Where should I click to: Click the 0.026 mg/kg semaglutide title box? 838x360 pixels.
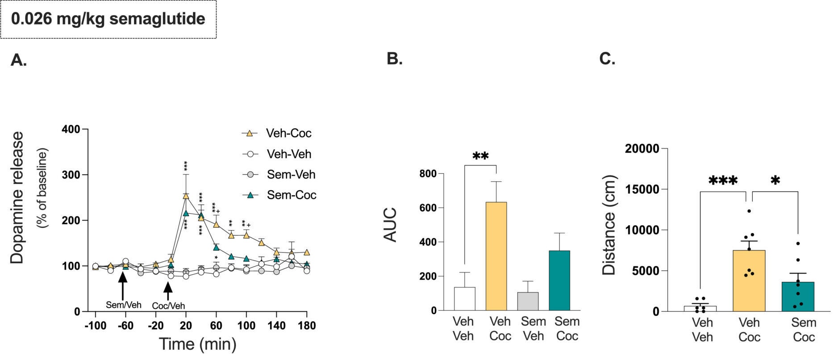[108, 19]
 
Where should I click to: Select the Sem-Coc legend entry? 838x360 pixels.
[279, 195]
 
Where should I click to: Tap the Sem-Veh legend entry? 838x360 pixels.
[279, 175]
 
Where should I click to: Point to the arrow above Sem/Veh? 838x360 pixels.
[123, 285]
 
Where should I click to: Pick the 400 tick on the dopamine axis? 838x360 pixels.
[71, 130]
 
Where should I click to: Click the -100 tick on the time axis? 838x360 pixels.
[95, 326]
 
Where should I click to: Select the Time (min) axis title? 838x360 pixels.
[197, 344]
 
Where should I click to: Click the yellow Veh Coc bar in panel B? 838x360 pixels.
[496, 256]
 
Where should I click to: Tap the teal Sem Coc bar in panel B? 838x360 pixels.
[559, 280]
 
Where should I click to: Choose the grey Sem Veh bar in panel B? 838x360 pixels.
[528, 301]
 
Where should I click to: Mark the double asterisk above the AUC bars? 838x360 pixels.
[480, 156]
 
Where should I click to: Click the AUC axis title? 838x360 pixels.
[391, 225]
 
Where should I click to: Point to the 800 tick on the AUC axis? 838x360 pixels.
[429, 174]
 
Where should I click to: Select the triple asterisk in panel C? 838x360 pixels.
[723, 181]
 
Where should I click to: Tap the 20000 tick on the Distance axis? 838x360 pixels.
[642, 149]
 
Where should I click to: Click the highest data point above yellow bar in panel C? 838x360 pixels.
[749, 211]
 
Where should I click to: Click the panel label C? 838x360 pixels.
[607, 59]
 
